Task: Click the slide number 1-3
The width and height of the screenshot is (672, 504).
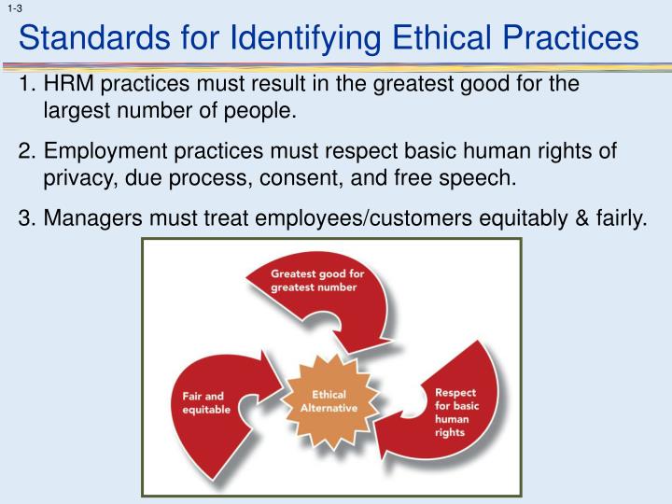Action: point(13,8)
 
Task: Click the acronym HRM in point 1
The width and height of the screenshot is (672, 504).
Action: point(69,85)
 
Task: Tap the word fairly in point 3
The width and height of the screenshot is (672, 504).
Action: point(617,219)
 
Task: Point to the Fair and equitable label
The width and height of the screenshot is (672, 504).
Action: point(204,403)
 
